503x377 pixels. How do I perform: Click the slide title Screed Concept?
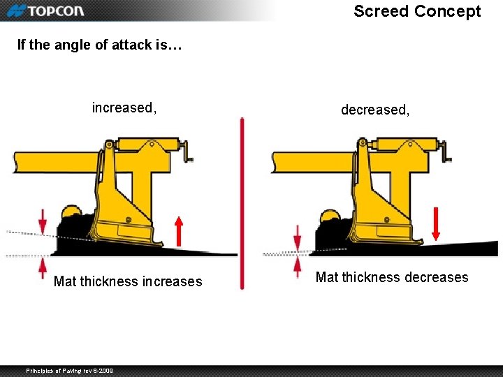click(417, 11)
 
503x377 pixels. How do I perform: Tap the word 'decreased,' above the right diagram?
click(375, 110)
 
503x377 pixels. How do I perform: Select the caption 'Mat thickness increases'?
click(128, 281)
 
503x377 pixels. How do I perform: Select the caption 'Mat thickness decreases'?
click(392, 277)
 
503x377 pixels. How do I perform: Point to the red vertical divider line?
click(242, 202)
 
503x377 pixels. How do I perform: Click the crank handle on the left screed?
click(188, 150)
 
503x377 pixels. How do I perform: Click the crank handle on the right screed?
click(446, 150)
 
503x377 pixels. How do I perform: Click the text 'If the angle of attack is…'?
click(99, 45)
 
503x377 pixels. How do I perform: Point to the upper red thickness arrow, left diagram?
click(43, 221)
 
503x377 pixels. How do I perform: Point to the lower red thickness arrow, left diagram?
click(43, 267)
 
